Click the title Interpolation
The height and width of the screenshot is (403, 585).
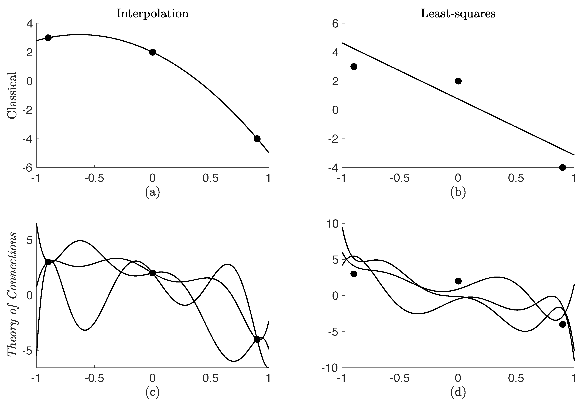point(152,14)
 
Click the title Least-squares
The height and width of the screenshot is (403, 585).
point(458,14)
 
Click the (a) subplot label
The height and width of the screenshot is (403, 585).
point(152,192)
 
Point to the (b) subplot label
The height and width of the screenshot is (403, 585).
point(458,192)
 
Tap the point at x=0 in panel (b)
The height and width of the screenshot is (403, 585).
point(458,81)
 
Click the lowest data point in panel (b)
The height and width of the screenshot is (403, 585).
point(563,167)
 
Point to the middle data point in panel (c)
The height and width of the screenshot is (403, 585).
point(152,273)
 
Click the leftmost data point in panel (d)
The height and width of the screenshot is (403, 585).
point(354,274)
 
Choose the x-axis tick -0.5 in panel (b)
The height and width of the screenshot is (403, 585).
point(400,178)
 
